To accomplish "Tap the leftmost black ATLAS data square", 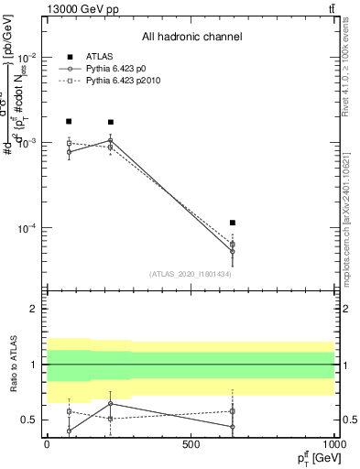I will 69,121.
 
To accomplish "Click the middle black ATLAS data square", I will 111,122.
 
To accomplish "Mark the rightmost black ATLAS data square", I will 233,223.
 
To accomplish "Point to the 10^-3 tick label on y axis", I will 29,143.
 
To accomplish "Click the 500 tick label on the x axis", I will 191,443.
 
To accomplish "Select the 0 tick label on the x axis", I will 47,443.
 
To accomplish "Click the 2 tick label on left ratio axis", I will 36,309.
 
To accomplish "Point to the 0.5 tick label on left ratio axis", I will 31,420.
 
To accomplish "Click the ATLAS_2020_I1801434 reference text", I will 190,274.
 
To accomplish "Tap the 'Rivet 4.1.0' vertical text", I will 345,70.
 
